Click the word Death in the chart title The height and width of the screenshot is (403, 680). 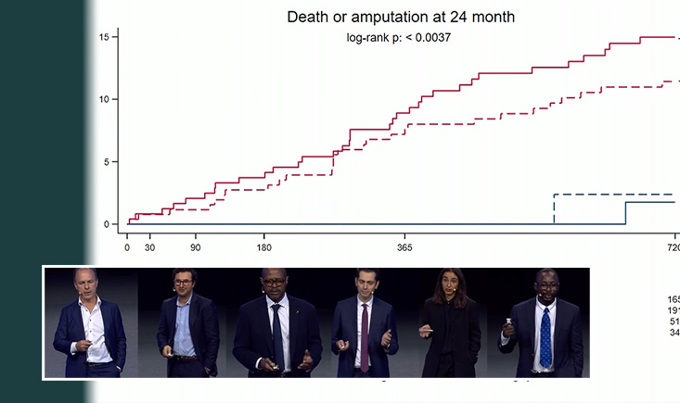pos(309,17)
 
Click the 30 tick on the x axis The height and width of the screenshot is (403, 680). pos(150,248)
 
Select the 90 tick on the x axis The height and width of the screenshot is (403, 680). pos(195,248)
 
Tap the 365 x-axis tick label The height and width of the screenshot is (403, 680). pos(404,248)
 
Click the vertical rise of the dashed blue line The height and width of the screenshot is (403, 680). pos(554,209)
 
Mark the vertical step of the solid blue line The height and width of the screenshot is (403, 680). pos(625,213)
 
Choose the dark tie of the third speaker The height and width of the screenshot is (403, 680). pos(276,328)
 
